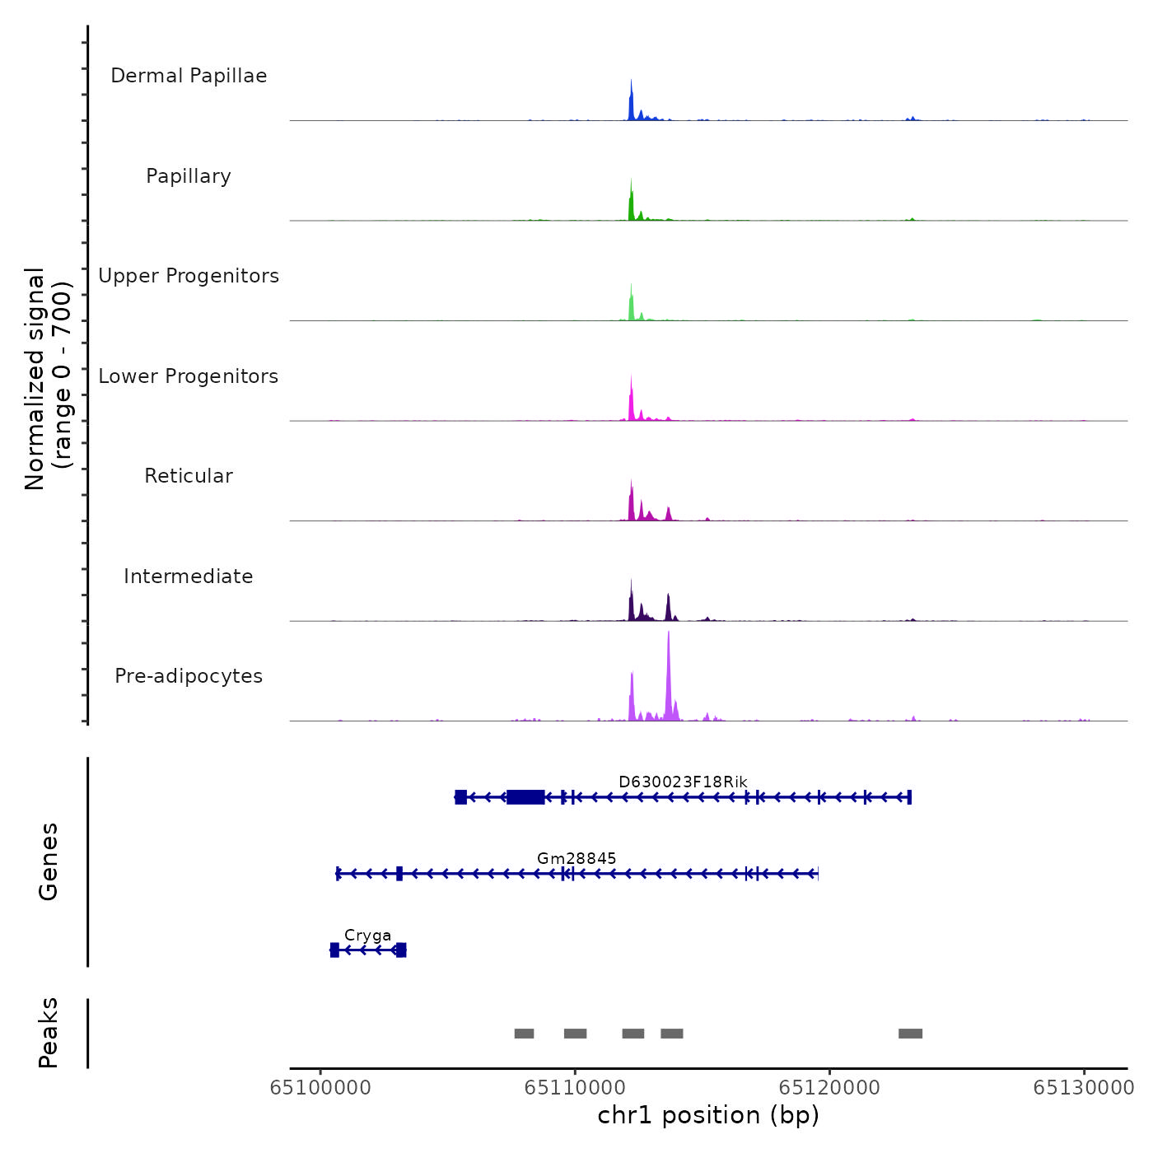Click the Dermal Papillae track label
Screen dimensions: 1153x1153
pyautogui.click(x=189, y=76)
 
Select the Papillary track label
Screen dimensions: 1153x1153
pyautogui.click(x=189, y=176)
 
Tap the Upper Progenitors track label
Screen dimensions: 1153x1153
pyautogui.click(x=189, y=276)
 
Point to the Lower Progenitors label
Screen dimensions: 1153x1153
pyautogui.click(x=189, y=376)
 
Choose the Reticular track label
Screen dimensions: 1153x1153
pyautogui.click(x=189, y=476)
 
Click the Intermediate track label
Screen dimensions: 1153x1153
pyautogui.click(x=189, y=576)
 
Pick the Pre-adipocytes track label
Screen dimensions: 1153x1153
pyautogui.click(x=189, y=676)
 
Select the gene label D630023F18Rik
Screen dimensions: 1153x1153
pyautogui.click(x=683, y=782)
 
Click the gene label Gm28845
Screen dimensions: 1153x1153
pyautogui.click(x=576, y=858)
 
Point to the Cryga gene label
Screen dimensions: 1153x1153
pyautogui.click(x=367, y=936)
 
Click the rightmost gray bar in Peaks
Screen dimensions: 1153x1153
pyautogui.click(x=910, y=1034)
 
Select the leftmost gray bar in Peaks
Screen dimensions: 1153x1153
pyautogui.click(x=524, y=1034)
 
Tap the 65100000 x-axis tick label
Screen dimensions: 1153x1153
pyautogui.click(x=320, y=1088)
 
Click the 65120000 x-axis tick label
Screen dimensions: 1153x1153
pyautogui.click(x=829, y=1088)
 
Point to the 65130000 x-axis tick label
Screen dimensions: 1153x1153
pyautogui.click(x=1084, y=1088)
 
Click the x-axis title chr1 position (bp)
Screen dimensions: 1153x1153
pyautogui.click(x=708, y=1115)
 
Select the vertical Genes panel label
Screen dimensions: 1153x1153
pyautogui.click(x=49, y=861)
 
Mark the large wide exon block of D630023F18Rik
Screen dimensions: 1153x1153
pyautogui.click(x=525, y=796)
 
